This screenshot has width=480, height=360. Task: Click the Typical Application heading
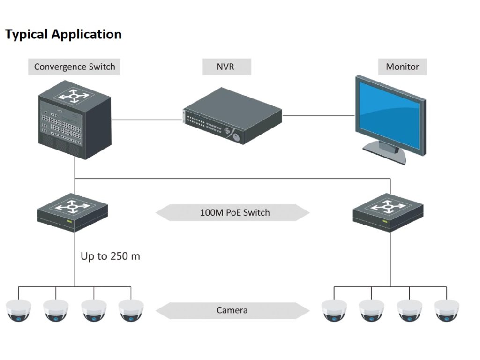click(x=63, y=34)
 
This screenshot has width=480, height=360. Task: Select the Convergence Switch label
click(x=75, y=67)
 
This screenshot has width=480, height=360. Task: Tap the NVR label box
click(x=226, y=67)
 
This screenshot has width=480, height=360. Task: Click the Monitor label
click(x=402, y=67)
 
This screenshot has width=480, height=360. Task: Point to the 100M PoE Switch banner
click(x=232, y=212)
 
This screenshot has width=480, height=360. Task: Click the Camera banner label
click(x=232, y=310)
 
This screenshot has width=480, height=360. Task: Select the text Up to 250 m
click(x=110, y=256)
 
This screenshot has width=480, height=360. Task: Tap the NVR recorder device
click(x=232, y=117)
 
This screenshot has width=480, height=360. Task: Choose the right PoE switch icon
click(x=388, y=211)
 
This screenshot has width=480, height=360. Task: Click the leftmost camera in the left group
click(x=18, y=311)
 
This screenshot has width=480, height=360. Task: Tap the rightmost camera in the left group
click(x=131, y=311)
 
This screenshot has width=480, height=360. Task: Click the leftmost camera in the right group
click(x=334, y=311)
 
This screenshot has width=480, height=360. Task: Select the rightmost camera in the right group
click(x=446, y=311)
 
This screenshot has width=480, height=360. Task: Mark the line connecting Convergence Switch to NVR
click(x=146, y=120)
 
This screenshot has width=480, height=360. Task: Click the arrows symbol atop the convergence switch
click(x=74, y=97)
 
